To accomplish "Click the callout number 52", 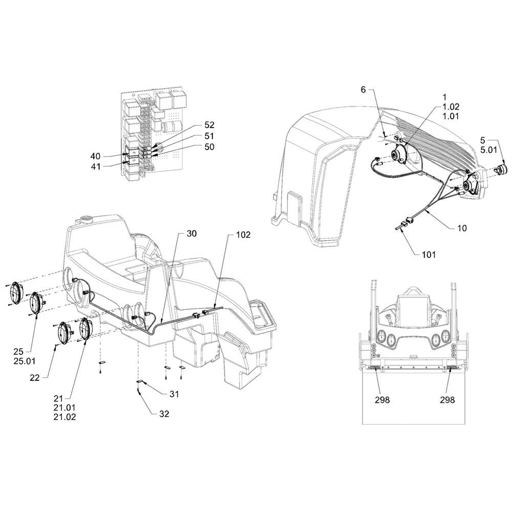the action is (209, 125).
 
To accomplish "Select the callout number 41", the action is (95, 166).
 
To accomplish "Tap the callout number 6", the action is (364, 90).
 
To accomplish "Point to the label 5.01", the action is (488, 150).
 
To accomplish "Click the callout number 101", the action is (429, 254).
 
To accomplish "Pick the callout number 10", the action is (462, 228).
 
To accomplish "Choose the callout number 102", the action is (243, 235).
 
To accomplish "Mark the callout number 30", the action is (191, 233).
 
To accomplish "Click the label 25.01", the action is (25, 361).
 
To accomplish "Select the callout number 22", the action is (35, 378).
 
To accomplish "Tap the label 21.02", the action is (65, 417).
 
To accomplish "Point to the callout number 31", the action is (174, 394).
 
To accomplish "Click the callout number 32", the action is (164, 414).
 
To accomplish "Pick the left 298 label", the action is (382, 400).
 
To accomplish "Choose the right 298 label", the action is (447, 400).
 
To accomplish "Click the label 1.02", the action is (451, 107).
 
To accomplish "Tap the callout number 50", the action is (209, 147).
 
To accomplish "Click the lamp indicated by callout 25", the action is (37, 303).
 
